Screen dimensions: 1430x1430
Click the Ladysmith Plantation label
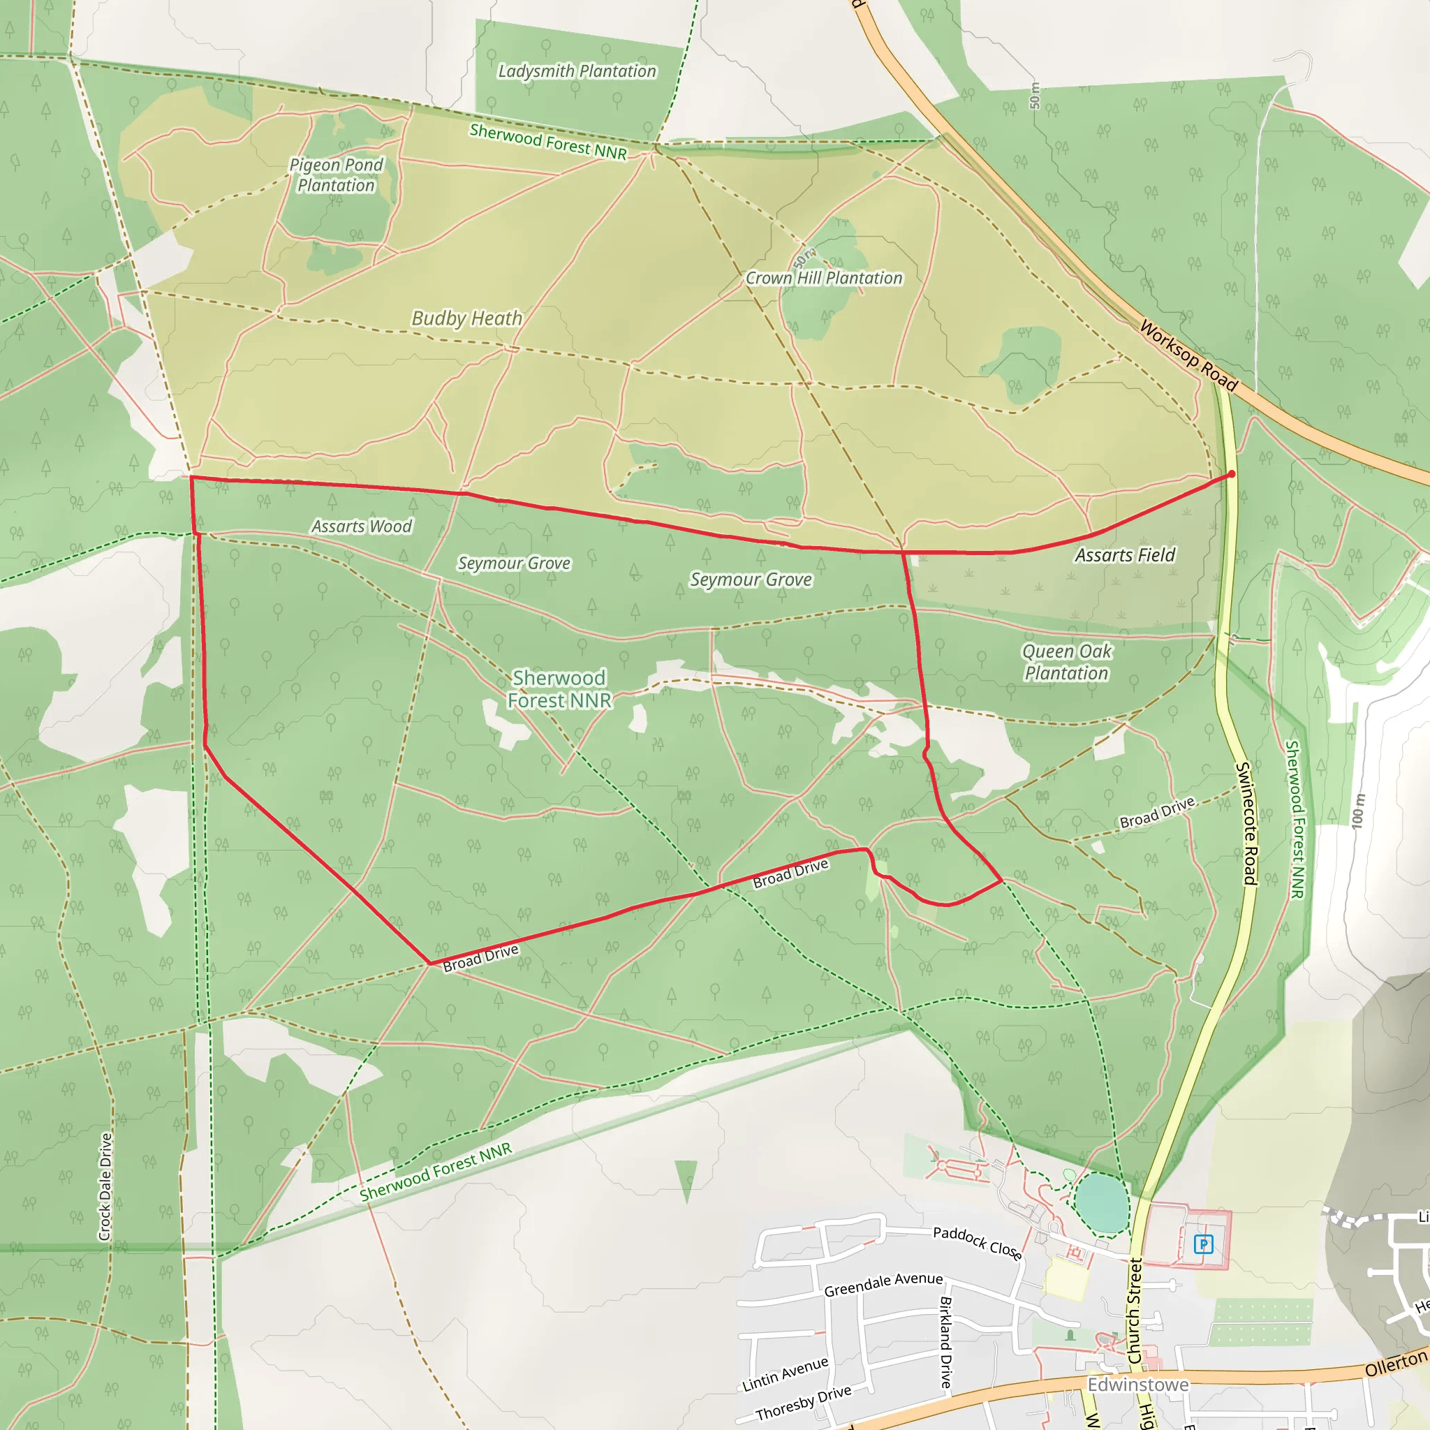coord(577,71)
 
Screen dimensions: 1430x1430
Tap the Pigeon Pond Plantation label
coord(336,175)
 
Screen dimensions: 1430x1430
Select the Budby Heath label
coord(466,318)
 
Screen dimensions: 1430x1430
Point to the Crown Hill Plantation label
coord(823,279)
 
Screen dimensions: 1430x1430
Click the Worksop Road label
coord(1188,355)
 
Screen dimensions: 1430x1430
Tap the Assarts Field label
coord(1124,555)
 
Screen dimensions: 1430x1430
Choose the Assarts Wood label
coord(361,526)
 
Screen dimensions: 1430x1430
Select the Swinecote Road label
coord(1246,823)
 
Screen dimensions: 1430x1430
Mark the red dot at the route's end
coord(1231,473)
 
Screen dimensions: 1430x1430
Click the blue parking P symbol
coord(1204,1244)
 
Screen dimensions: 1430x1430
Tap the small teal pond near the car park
coord(1102,1204)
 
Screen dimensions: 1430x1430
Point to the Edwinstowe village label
coord(1137,1385)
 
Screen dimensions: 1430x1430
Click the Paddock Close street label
coord(977,1243)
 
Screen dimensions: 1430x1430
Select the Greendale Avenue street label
coord(883,1284)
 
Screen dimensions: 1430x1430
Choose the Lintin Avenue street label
coord(785,1373)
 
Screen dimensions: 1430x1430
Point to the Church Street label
coord(1135,1311)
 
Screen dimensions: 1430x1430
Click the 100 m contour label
coord(1357,811)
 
